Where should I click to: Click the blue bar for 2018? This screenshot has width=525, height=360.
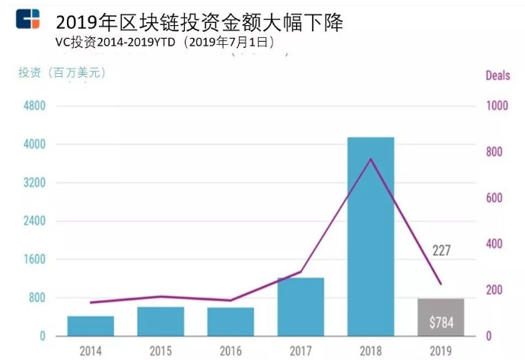(371, 236)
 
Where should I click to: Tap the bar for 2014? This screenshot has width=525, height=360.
(91, 326)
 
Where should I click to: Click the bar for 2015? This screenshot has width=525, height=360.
(161, 321)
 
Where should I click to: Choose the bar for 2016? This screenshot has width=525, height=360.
(231, 321)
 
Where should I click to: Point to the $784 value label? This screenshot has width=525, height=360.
(441, 323)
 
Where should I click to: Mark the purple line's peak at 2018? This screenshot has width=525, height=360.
(371, 159)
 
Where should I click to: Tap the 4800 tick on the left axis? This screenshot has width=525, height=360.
(33, 106)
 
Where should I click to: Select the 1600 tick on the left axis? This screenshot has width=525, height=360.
(33, 260)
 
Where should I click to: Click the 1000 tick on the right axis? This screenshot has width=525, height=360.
(498, 106)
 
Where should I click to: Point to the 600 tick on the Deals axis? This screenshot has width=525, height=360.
(495, 198)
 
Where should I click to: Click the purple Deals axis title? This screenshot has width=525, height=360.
(498, 75)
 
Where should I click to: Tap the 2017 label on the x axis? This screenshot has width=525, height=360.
(301, 351)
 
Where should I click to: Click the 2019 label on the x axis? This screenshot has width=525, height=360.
(441, 351)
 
